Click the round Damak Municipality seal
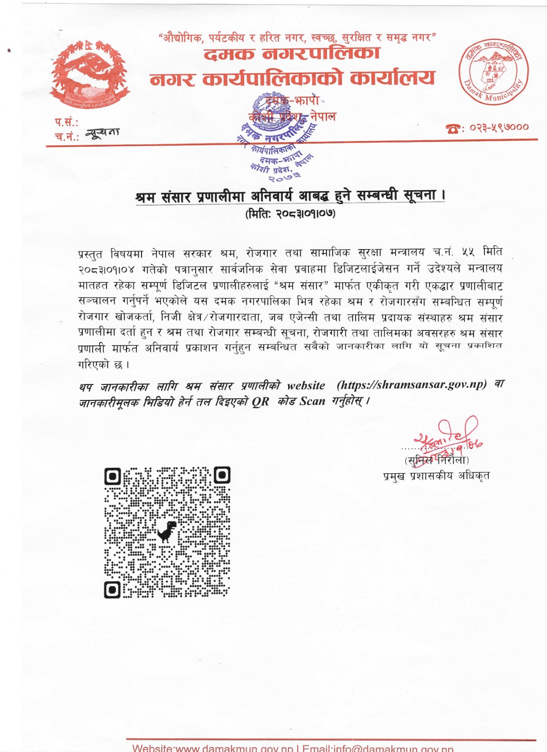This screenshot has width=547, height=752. [x=493, y=72]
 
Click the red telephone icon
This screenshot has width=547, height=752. [x=453, y=128]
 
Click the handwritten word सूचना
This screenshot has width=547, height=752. [x=103, y=133]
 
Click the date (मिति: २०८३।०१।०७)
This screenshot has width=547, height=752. [x=290, y=213]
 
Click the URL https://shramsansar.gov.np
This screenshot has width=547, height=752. [x=412, y=385]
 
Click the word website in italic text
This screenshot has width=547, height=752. [x=306, y=386]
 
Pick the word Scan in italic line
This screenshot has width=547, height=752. [x=312, y=401]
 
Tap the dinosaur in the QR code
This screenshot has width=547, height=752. [x=166, y=532]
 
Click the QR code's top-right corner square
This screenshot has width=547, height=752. [x=222, y=475]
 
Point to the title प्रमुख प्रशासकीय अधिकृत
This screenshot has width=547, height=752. [x=436, y=476]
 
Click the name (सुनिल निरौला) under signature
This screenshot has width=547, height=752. [x=436, y=460]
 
